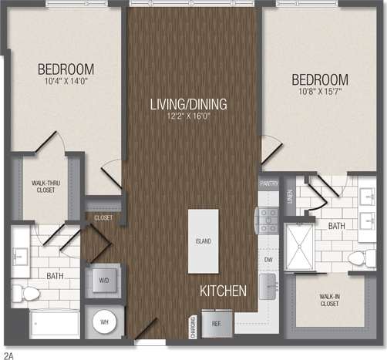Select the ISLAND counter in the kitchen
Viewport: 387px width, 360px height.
(x=203, y=241)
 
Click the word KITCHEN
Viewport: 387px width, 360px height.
(x=223, y=291)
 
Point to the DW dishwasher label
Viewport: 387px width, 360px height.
(x=268, y=261)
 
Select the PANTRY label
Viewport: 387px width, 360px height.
(x=268, y=184)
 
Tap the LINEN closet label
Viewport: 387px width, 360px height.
(x=290, y=197)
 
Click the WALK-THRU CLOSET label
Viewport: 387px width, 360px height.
(x=47, y=187)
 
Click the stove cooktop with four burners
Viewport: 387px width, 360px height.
(x=268, y=219)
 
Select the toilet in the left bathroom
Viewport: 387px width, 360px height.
(x=30, y=292)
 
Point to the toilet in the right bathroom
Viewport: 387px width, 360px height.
(x=359, y=257)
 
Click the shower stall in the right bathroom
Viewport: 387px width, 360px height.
(x=299, y=246)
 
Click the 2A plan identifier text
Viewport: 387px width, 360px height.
(x=8, y=355)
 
